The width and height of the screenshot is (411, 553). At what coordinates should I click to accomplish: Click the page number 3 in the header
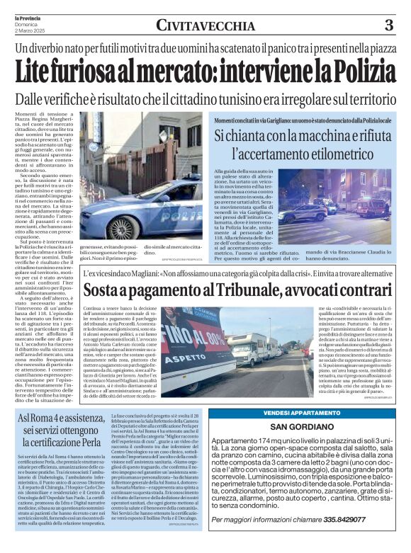click(389, 26)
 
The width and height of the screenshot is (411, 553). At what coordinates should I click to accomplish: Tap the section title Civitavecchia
click(205, 27)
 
